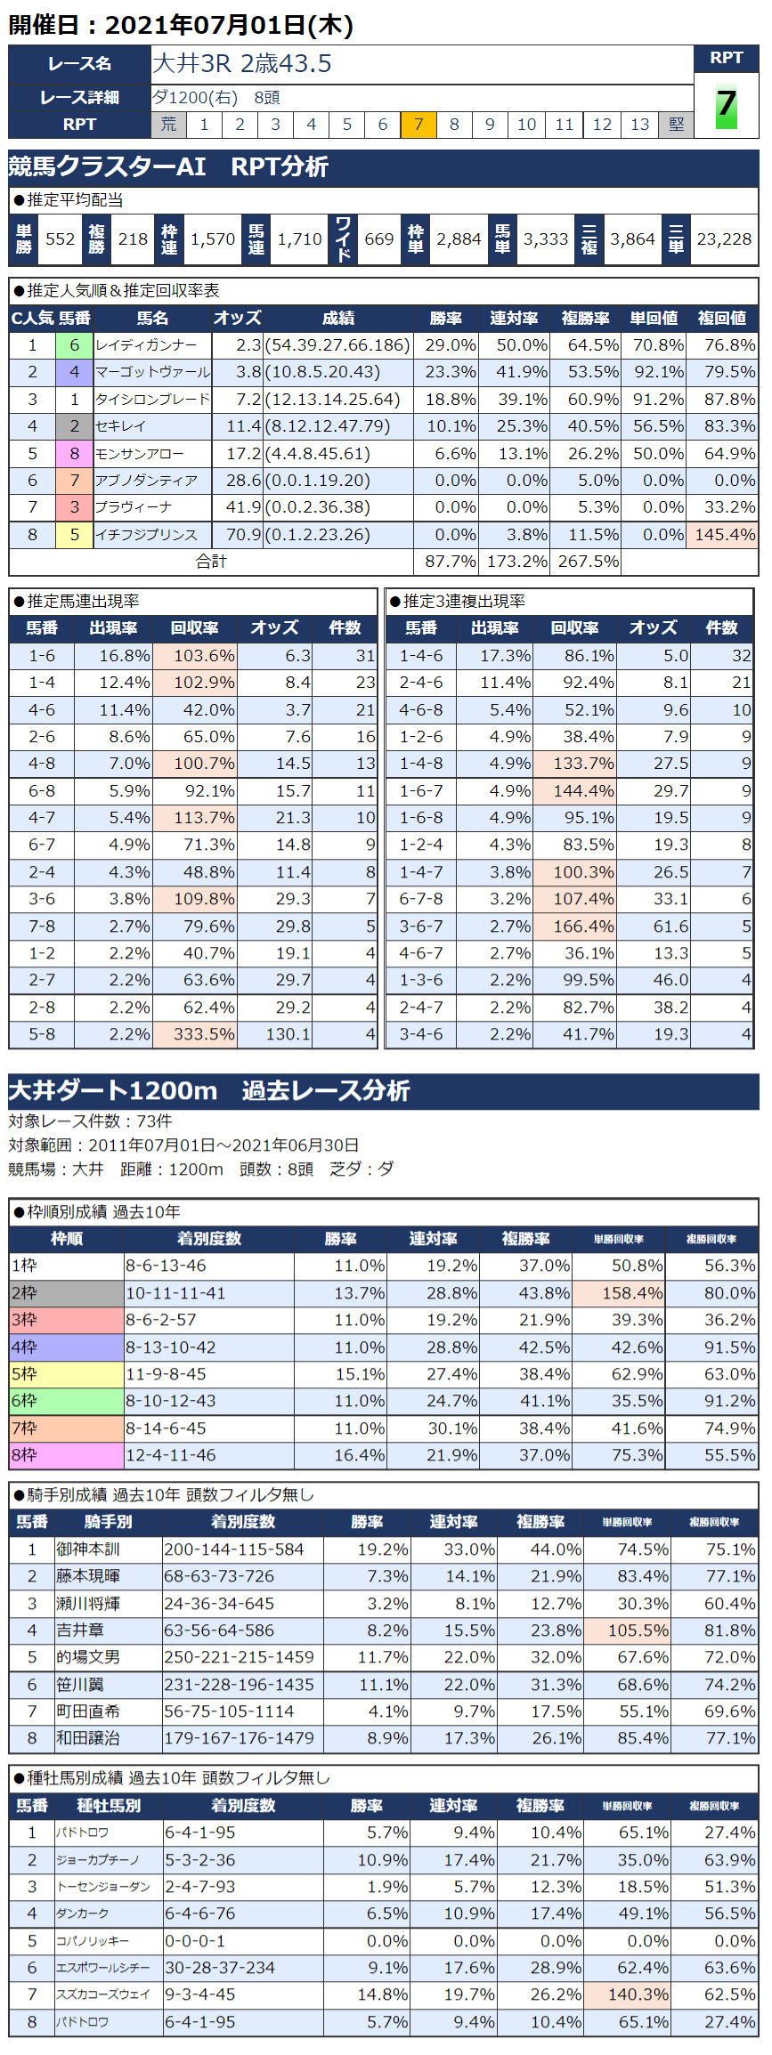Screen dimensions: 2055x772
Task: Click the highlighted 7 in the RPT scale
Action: pos(419,125)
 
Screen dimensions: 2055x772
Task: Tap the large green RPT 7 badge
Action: pos(727,106)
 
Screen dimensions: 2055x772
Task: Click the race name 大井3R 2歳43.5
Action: pos(242,64)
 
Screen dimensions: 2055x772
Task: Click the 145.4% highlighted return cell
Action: pos(722,535)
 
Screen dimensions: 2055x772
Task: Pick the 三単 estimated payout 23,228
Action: pos(724,239)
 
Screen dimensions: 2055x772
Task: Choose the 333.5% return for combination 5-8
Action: pos(195,1034)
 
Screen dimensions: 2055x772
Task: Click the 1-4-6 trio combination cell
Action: pos(421,656)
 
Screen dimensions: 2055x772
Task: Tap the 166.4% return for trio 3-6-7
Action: pos(574,926)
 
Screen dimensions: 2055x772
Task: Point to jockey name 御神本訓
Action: pos(88,1549)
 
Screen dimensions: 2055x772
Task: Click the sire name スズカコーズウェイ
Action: pos(103,1994)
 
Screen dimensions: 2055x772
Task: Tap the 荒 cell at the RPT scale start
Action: pos(168,125)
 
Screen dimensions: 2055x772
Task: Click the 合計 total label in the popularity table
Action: pos(211,562)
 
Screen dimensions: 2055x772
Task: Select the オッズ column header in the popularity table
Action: pos(238,319)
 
